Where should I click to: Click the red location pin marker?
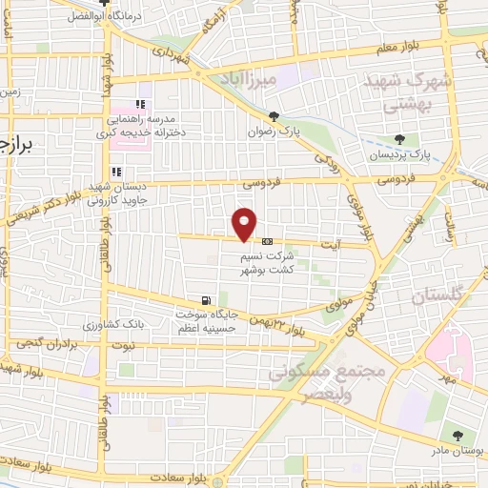click(245, 223)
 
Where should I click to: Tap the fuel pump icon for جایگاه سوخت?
click(207, 298)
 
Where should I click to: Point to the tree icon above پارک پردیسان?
click(412, 138)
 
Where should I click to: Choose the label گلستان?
click(436, 298)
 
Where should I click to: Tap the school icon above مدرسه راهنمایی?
click(142, 104)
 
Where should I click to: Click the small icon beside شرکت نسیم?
click(267, 240)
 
